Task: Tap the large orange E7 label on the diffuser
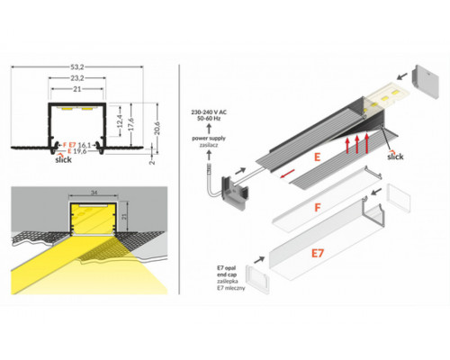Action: [317, 253]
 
